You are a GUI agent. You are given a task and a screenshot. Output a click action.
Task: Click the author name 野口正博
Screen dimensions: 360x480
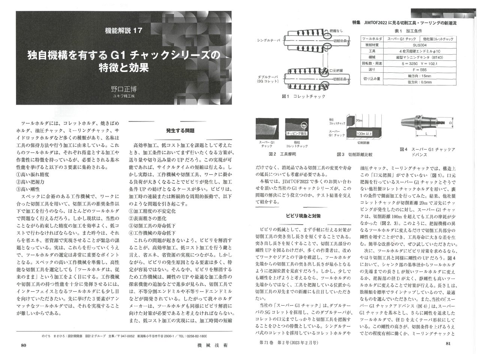click(x=123, y=89)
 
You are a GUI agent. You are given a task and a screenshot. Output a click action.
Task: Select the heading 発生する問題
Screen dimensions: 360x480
click(x=180, y=130)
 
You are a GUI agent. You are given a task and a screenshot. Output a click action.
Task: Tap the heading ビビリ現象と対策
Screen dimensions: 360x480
click(x=303, y=216)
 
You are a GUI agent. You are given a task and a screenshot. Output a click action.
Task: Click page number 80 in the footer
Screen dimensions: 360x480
click(x=23, y=345)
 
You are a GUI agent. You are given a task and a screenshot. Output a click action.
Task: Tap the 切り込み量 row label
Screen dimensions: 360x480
click(x=372, y=79)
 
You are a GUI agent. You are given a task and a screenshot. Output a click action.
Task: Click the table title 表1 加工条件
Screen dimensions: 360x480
click(x=408, y=31)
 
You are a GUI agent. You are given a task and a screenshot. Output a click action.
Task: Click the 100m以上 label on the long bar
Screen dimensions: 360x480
click(x=364, y=133)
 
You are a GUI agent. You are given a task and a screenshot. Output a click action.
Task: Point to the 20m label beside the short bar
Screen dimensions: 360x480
click(x=359, y=120)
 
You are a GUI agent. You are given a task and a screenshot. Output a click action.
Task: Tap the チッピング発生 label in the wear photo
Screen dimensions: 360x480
click(x=297, y=133)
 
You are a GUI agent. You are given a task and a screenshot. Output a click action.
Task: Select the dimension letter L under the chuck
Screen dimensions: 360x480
click(x=426, y=133)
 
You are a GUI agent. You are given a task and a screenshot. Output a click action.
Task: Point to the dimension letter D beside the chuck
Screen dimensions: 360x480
click(x=451, y=123)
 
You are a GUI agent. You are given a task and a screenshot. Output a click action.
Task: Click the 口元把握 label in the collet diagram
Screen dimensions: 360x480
click(x=336, y=70)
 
